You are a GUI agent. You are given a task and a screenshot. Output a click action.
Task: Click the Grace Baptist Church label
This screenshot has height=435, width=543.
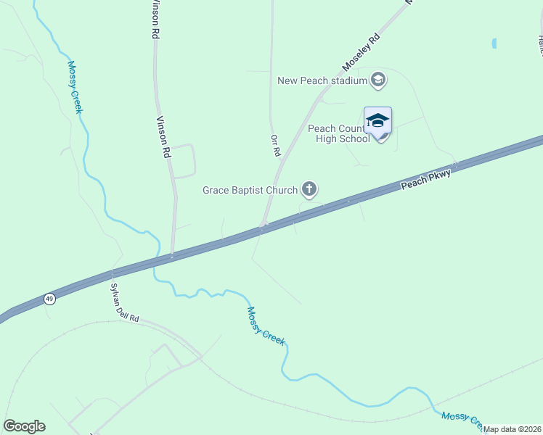click(250, 191)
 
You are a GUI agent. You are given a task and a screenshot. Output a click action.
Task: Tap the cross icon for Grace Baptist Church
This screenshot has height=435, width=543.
click(309, 190)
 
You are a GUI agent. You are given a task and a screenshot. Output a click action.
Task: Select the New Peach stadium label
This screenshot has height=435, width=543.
click(322, 80)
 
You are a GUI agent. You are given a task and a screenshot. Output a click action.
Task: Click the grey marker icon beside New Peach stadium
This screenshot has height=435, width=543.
click(377, 79)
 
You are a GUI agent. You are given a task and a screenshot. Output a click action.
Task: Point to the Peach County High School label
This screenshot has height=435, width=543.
click(338, 133)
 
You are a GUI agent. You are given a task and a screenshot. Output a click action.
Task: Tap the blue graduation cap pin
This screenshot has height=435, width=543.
click(377, 121)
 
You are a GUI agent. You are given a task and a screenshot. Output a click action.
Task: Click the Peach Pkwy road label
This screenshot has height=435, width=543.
click(426, 180)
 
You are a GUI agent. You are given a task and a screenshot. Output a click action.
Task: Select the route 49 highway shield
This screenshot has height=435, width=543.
click(49, 298)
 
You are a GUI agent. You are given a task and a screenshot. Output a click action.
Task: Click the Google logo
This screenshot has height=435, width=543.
click(24, 426)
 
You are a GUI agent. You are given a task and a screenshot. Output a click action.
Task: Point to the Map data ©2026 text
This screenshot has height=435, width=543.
click(512, 429)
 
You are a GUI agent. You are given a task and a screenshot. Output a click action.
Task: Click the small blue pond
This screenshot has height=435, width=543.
click(494, 43)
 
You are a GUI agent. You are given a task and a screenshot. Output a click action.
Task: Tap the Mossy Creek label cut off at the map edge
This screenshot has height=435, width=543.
click(462, 419)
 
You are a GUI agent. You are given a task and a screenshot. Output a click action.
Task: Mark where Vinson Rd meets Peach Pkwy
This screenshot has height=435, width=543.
click(171, 255)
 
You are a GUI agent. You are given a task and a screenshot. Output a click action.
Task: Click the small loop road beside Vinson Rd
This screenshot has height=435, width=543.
click(183, 161)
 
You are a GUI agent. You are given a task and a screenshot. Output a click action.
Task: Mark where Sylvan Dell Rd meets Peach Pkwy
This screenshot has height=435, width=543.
click(112, 273)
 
